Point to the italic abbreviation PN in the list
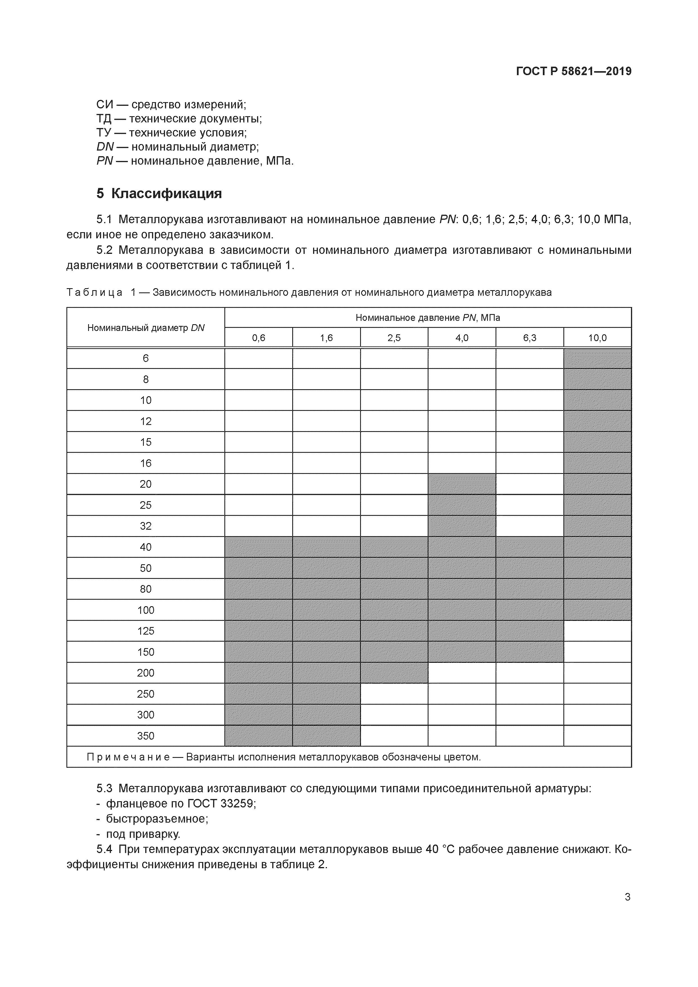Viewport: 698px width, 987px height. point(104,161)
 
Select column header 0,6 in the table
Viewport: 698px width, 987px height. point(258,338)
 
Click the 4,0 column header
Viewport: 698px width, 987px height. point(461,338)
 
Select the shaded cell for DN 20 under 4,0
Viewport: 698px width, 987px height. point(461,484)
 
